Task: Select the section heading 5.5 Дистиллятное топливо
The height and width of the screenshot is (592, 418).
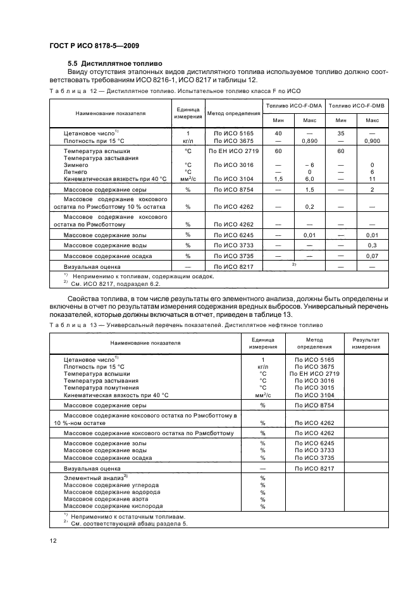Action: [115, 64]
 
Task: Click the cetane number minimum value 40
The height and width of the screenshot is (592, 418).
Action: [278, 133]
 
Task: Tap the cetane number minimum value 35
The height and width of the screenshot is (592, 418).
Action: [341, 133]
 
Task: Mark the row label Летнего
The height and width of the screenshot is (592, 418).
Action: [75, 172]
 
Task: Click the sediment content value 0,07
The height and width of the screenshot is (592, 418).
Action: [372, 256]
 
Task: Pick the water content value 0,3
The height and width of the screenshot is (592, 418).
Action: [372, 245]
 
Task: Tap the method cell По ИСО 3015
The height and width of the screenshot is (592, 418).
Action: [314, 388]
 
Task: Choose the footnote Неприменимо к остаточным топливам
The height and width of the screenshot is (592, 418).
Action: [120, 516]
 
